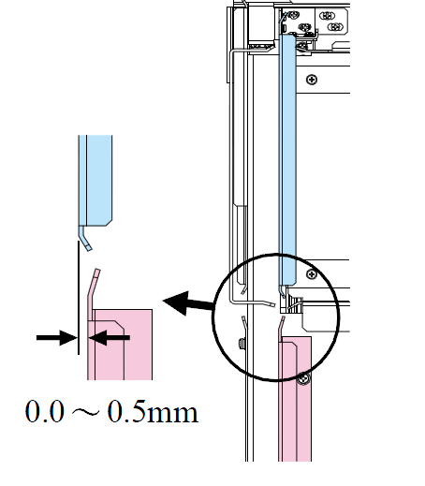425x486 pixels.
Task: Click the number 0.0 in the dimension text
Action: pos(45,411)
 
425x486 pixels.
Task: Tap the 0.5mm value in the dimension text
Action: pos(153,411)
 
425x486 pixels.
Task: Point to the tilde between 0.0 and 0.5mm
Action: pos(86,412)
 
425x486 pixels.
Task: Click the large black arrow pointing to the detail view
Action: pos(188,302)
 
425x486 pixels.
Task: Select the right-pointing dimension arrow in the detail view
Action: pos(57,337)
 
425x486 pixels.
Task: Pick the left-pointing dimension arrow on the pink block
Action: pos(109,337)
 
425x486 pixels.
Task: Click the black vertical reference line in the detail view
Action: pos(79,298)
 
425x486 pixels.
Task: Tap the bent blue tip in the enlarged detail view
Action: pos(85,238)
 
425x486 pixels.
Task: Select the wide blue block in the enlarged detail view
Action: pos(99,181)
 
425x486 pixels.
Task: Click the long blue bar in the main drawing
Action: pos(287,160)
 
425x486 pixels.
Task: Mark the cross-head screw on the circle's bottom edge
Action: pos(303,378)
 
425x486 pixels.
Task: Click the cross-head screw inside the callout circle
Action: pos(312,274)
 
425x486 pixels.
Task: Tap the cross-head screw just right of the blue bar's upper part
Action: pos(312,80)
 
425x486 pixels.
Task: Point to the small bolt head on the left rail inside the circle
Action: pos(241,344)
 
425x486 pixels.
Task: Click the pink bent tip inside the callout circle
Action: pos(282,325)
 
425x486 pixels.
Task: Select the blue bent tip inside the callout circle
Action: pos(282,292)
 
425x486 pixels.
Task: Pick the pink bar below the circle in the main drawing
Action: pos(295,399)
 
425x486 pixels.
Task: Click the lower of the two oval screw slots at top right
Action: pos(335,27)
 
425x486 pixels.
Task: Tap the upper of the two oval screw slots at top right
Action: pos(327,15)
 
